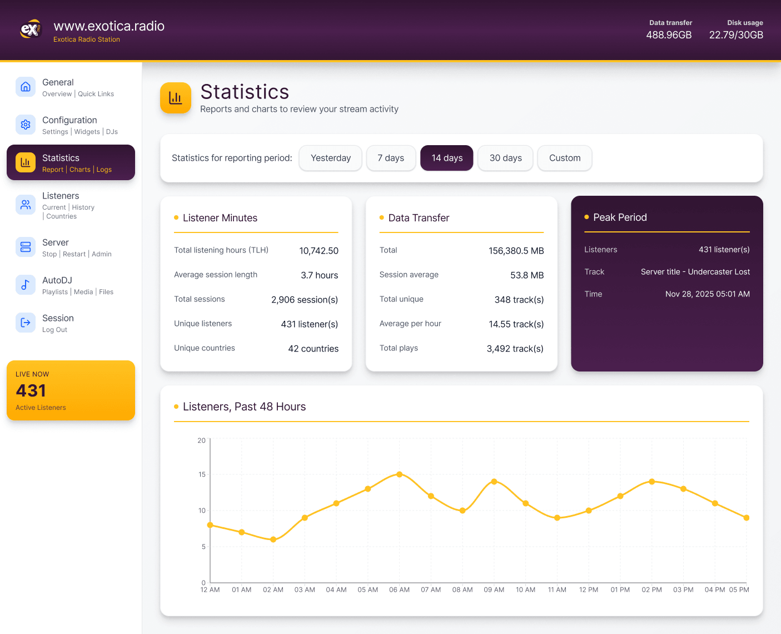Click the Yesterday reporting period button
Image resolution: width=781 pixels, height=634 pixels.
[330, 158]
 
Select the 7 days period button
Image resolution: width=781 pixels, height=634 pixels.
[391, 158]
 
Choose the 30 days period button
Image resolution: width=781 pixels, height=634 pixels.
[505, 158]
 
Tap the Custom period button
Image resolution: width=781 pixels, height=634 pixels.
[564, 158]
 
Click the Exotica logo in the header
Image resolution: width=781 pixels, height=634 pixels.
[31, 29]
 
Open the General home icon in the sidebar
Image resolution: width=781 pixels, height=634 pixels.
[26, 87]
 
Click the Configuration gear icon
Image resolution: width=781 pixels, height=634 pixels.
[26, 125]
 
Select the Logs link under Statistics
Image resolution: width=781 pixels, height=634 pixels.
[104, 170]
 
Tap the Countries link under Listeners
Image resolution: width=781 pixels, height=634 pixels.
[61, 216]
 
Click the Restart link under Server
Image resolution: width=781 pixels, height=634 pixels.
[74, 254]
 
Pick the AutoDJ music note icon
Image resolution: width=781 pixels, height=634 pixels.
[26, 285]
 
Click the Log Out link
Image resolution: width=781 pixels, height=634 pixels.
[54, 330]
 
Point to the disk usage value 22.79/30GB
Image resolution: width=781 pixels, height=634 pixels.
[736, 35]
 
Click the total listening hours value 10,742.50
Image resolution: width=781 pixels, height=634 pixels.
[319, 251]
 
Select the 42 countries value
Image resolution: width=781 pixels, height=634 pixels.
[313, 349]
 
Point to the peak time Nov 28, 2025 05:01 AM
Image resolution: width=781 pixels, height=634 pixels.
[707, 294]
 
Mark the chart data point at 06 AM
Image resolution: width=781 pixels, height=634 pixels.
[399, 474]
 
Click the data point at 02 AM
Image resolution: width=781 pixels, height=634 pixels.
[273, 539]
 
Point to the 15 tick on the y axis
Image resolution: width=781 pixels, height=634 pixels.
[202, 474]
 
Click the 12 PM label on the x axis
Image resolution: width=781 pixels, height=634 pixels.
[589, 590]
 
